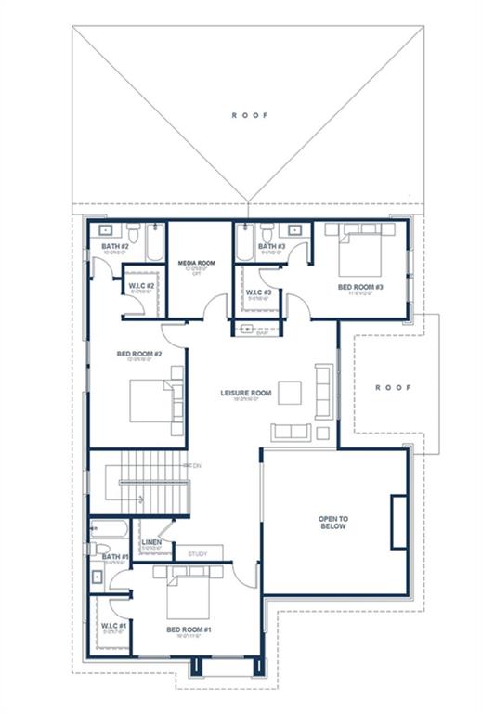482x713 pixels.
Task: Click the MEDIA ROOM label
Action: click(x=196, y=264)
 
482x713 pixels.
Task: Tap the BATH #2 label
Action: click(x=114, y=246)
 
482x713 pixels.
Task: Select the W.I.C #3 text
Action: click(x=258, y=292)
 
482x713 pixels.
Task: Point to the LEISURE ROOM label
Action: click(x=245, y=393)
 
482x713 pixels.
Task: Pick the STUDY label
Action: click(x=198, y=554)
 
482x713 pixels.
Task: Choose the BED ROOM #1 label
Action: click(x=189, y=629)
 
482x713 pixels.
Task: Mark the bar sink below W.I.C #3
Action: click(x=248, y=330)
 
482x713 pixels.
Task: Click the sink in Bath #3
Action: click(x=294, y=228)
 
